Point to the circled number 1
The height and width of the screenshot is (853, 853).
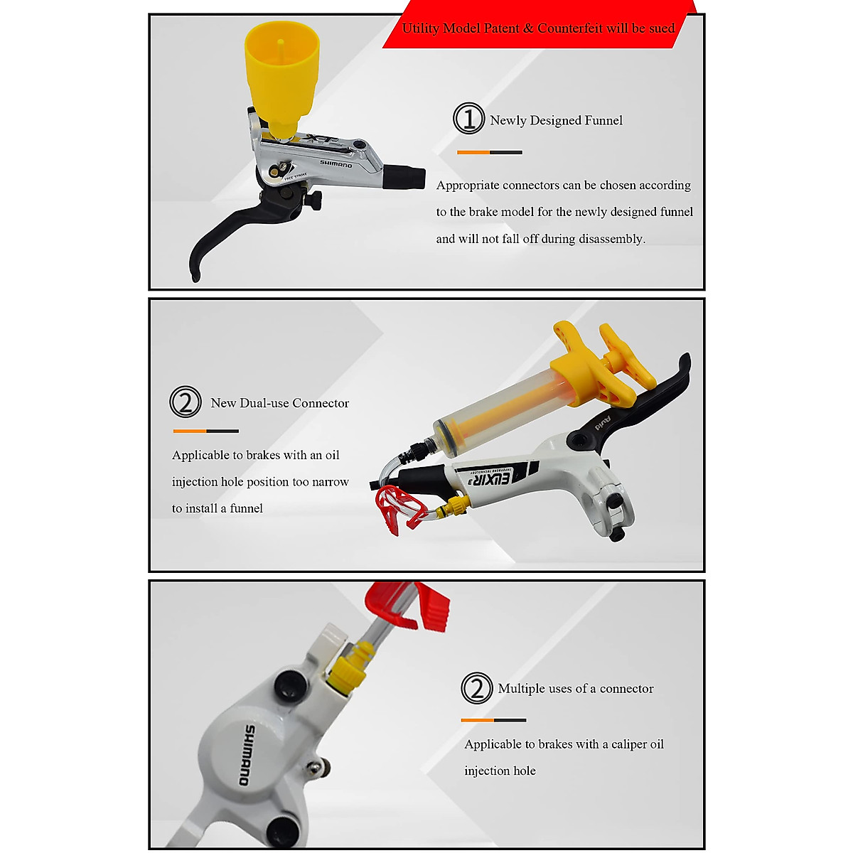coord(468,118)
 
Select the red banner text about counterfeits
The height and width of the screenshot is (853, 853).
coord(538,28)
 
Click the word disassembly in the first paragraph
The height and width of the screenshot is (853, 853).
coord(611,239)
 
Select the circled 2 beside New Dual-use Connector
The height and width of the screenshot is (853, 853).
coord(186,402)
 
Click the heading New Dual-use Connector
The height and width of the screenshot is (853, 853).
coord(279,403)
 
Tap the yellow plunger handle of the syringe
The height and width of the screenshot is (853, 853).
coord(604,359)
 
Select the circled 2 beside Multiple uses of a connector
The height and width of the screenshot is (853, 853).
coord(476,688)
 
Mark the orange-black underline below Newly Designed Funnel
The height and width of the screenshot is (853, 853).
coord(490,152)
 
